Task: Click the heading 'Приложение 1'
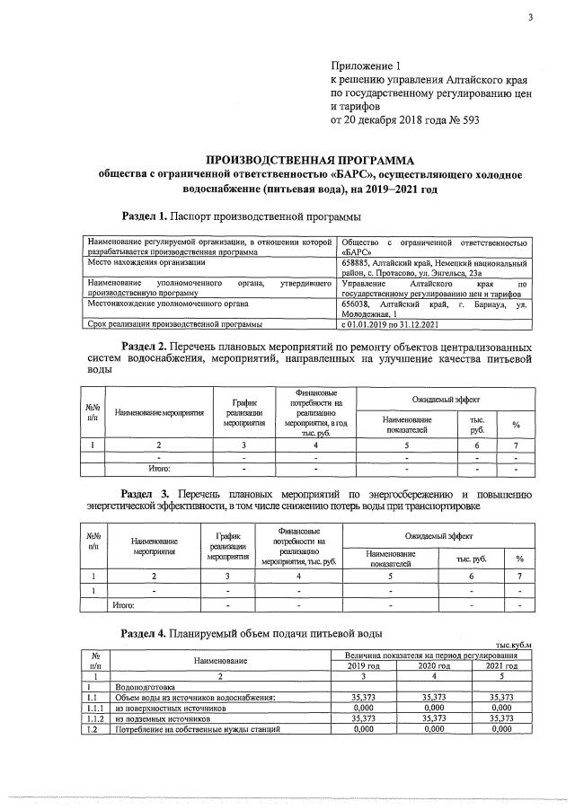363,66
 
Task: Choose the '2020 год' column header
434,666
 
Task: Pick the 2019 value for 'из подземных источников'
363,719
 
